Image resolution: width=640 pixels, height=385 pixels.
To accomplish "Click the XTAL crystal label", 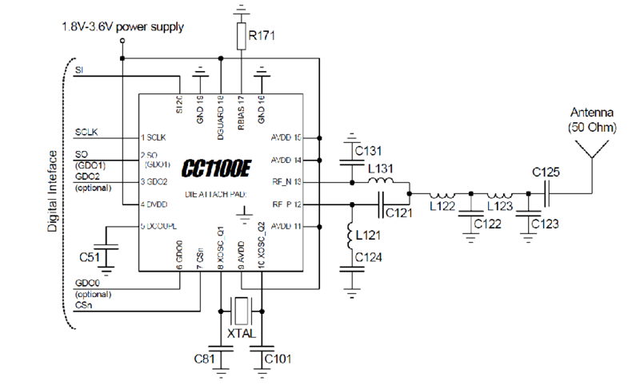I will tap(241, 332).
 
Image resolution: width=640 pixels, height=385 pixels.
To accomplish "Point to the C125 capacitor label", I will tap(547, 172).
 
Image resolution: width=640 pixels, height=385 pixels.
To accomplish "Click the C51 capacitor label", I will tap(90, 257).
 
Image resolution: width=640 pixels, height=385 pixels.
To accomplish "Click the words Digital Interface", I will tap(52, 192).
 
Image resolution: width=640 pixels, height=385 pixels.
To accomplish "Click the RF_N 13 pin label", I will tap(286, 182).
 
